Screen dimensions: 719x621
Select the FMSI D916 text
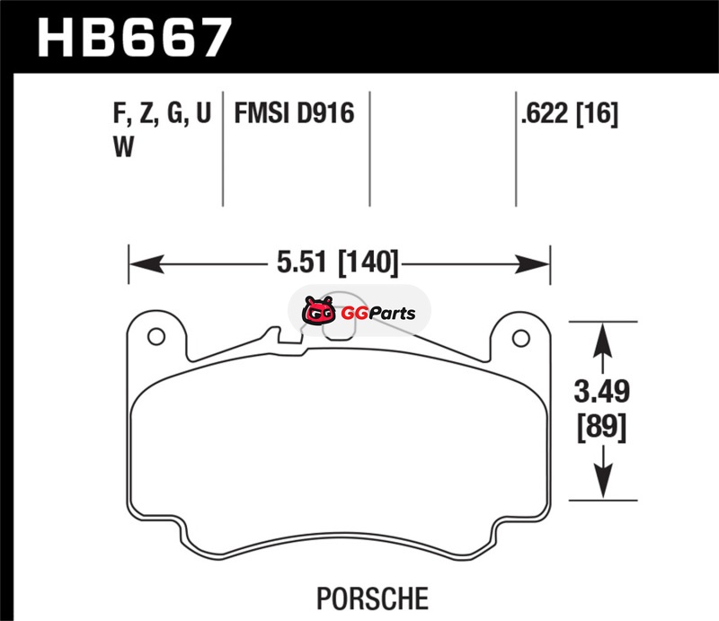coord(295,113)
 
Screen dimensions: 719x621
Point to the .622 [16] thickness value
coord(570,113)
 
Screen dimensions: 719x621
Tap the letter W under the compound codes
coord(123,147)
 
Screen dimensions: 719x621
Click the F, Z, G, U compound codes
coord(162,113)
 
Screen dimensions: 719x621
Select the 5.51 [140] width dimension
coord(338,262)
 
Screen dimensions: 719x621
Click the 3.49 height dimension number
coord(602,391)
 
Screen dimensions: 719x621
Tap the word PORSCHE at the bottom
coord(372,599)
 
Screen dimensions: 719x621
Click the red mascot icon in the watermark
coord(318,311)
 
